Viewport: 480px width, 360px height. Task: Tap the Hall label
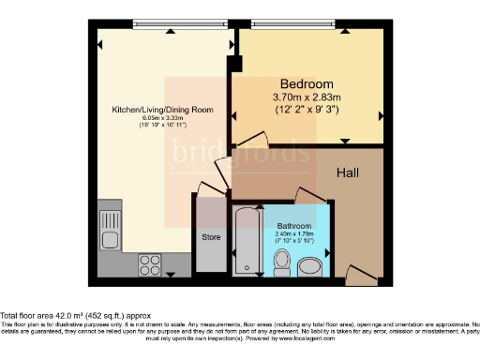pyautogui.click(x=350, y=172)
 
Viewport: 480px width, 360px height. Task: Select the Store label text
pyautogui.click(x=211, y=237)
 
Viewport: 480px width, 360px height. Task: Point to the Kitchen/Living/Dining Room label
pyautogui.click(x=162, y=110)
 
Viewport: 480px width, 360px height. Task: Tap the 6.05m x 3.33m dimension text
pyautogui.click(x=162, y=118)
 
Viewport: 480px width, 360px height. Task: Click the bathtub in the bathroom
pyautogui.click(x=247, y=241)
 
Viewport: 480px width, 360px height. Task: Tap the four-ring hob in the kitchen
pyautogui.click(x=149, y=262)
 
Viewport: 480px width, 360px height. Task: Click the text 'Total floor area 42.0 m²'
pyautogui.click(x=49, y=316)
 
